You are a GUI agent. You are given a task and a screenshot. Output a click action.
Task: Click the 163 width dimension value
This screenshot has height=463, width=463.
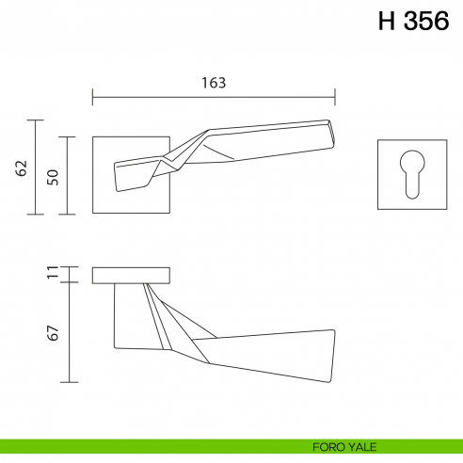click(x=214, y=83)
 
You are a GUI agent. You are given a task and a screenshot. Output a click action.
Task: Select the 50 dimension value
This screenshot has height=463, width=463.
click(x=53, y=176)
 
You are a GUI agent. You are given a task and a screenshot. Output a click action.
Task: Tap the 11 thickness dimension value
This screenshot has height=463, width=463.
click(x=53, y=275)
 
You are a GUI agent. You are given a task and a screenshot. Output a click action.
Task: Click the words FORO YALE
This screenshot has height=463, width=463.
click(x=343, y=446)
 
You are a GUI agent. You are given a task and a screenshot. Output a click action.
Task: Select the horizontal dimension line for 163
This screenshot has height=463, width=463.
click(x=214, y=96)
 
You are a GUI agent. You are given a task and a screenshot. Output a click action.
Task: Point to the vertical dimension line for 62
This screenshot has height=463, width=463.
click(x=36, y=168)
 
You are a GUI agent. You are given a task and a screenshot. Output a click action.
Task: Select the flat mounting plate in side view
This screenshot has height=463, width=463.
click(x=131, y=276)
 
